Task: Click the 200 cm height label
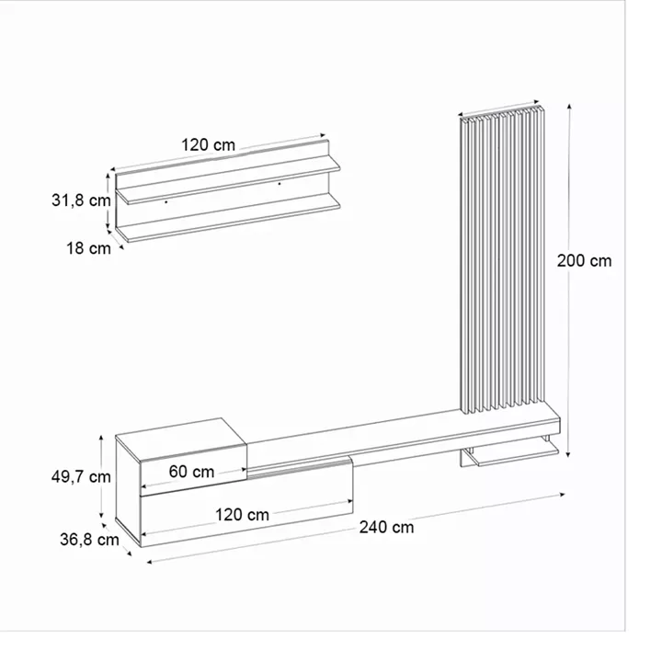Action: pyautogui.click(x=584, y=260)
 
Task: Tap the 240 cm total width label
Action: pyautogui.click(x=386, y=527)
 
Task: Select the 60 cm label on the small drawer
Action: pyautogui.click(x=191, y=472)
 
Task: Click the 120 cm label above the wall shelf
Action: pyautogui.click(x=208, y=144)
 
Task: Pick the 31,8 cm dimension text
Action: pyautogui.click(x=81, y=199)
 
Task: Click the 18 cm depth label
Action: pyautogui.click(x=88, y=247)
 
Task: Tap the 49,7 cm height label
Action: pyautogui.click(x=81, y=476)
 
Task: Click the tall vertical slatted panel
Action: pyautogui.click(x=503, y=262)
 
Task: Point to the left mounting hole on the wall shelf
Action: pyautogui.click(x=165, y=200)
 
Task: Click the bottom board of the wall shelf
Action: pyautogui.click(x=230, y=220)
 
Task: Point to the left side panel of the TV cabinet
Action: pyautogui.click(x=128, y=492)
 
